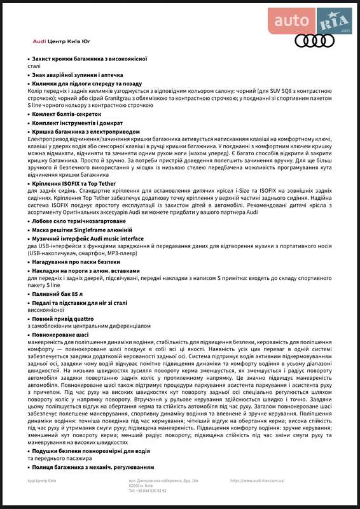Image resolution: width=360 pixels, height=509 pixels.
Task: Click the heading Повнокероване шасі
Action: pos(60,333)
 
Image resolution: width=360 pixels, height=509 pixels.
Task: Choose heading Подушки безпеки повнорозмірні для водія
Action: pos(91,451)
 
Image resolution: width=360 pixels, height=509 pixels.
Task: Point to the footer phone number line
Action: pos(148,491)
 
